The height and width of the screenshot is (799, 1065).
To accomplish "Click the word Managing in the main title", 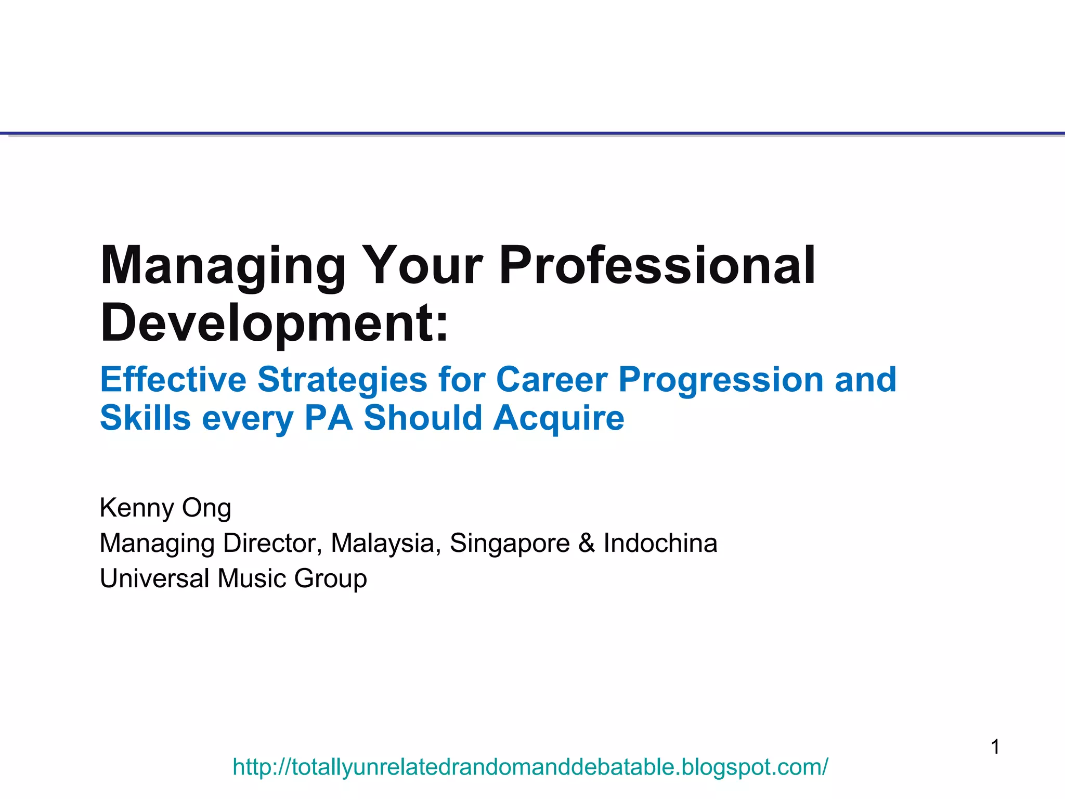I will click(223, 266).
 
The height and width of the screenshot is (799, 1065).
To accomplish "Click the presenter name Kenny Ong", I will click(165, 508).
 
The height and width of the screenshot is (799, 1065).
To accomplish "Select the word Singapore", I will click(510, 543).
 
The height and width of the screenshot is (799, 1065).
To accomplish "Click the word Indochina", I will click(660, 543).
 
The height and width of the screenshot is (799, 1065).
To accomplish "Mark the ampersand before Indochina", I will click(587, 543).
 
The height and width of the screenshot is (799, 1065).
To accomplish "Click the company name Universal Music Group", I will click(233, 578).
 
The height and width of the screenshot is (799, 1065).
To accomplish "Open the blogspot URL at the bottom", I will click(530, 767).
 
